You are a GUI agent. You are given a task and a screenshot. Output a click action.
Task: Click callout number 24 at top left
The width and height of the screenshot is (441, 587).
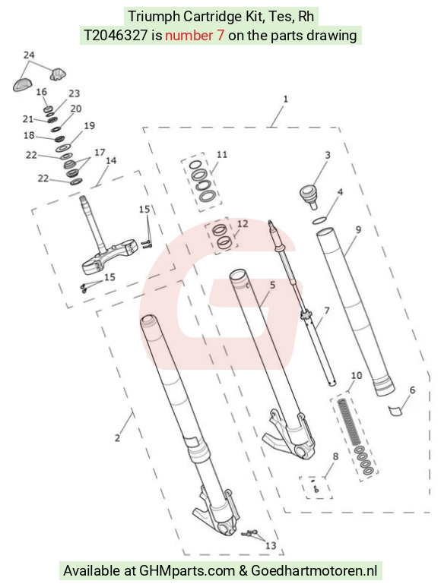point(29,55)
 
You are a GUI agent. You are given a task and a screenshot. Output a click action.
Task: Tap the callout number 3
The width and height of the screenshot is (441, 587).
point(328,155)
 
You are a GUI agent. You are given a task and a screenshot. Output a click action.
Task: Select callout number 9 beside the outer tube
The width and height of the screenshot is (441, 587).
point(358,229)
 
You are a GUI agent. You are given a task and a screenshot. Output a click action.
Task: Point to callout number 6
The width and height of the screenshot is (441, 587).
point(412,390)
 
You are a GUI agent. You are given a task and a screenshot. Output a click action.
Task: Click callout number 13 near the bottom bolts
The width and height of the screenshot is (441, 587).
point(271,545)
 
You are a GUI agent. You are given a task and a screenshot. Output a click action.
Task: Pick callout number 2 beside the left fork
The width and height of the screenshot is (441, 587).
point(117,437)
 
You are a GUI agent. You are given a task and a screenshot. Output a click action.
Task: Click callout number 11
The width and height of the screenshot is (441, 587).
point(222,154)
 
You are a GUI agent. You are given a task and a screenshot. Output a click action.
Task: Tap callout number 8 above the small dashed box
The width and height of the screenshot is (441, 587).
point(335,456)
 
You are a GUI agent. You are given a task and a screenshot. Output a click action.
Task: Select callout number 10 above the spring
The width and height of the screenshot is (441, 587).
point(357,375)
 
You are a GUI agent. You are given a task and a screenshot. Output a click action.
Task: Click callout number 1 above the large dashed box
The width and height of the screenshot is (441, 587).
point(285,99)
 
